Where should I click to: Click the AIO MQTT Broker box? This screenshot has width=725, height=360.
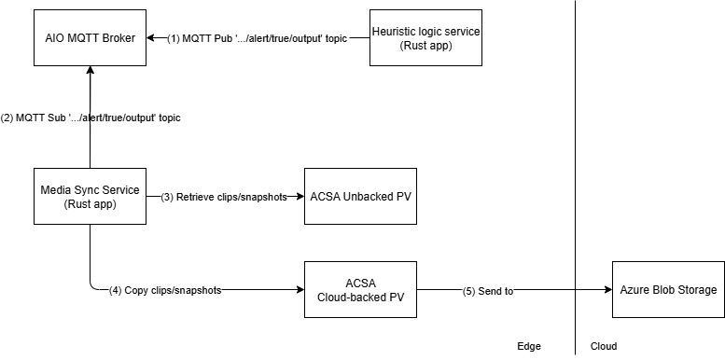pos(90,38)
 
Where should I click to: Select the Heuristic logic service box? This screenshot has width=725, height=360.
pos(425,38)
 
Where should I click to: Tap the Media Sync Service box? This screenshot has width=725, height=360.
pos(90,197)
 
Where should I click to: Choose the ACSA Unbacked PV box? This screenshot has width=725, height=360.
pos(360,197)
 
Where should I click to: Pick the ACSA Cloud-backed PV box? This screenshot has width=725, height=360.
pos(360,290)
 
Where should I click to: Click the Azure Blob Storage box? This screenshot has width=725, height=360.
pos(668,290)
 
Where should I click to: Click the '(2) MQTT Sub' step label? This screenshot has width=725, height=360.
pos(91,118)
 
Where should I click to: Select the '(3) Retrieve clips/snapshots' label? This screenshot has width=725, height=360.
pos(224,197)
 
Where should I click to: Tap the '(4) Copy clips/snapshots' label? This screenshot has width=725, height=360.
pos(165,290)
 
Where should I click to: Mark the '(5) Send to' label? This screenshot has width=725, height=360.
pos(488,291)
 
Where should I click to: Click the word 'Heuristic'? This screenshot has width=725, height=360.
pos(397,32)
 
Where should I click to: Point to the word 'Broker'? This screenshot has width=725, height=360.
pos(117,38)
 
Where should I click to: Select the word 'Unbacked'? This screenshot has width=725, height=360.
pos(367,197)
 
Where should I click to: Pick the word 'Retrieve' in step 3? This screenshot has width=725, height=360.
pos(197,197)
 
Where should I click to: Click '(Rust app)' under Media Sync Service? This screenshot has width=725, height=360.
pos(90,204)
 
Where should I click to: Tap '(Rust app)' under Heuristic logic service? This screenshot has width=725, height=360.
pos(425,46)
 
